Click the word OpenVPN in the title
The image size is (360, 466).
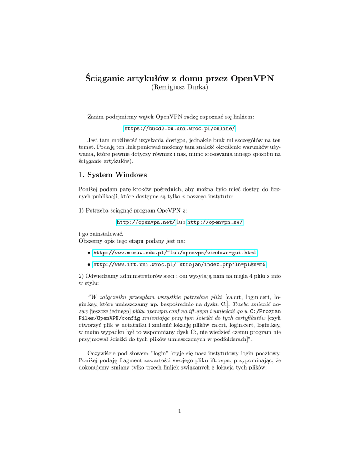(252, 77)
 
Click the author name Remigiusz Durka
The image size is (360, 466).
(179, 87)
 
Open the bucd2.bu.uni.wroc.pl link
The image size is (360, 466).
(180, 129)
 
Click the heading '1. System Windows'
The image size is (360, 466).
(112, 175)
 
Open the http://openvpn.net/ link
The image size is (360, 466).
(146, 222)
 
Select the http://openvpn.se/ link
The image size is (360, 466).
(215, 222)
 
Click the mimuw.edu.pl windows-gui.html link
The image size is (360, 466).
(175, 253)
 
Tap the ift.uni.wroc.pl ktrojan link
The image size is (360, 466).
(179, 264)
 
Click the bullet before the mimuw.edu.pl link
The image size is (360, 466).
(88, 253)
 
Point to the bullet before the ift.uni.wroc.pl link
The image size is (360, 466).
(88, 264)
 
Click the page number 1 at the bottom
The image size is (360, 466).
(180, 411)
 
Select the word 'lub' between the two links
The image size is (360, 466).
(181, 222)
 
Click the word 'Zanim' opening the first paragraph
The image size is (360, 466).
(96, 117)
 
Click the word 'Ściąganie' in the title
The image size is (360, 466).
(106, 78)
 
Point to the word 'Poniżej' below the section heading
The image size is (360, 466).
(89, 189)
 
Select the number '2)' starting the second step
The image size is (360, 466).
(81, 276)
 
